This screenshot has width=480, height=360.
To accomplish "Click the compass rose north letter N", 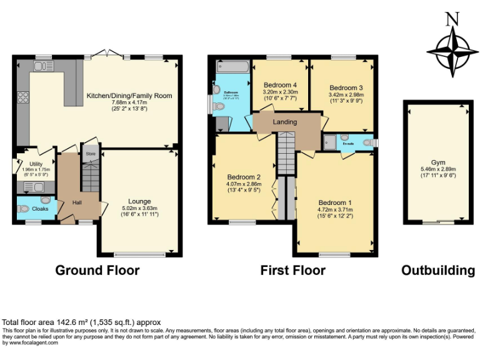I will [x=450, y=19].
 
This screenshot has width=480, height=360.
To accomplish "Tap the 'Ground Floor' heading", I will [x=97, y=271].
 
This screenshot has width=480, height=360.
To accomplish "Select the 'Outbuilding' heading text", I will [x=437, y=271].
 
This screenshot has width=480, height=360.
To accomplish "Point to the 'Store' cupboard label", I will [x=91, y=152].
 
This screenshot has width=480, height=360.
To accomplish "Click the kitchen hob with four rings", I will [x=24, y=97].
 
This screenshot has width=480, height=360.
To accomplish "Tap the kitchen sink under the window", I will [x=44, y=66].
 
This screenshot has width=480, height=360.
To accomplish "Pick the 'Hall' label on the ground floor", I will [x=76, y=202].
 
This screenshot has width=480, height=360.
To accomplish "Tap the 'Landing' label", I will [x=284, y=122].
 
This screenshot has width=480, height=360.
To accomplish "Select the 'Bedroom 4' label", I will [x=280, y=85].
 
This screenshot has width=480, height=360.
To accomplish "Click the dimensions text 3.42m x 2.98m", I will [x=346, y=96].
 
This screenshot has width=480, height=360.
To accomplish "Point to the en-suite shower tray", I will [x=329, y=142].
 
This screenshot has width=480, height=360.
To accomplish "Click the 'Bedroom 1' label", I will [x=335, y=202].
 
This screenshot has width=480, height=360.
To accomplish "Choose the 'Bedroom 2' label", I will [x=243, y=177].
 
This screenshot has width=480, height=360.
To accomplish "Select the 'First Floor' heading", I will [x=293, y=271].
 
